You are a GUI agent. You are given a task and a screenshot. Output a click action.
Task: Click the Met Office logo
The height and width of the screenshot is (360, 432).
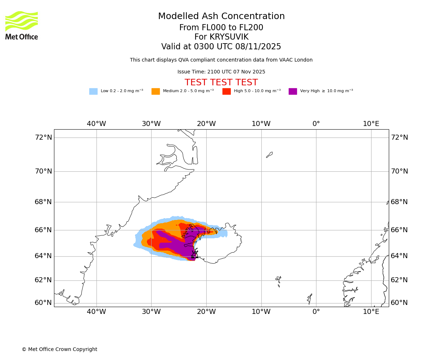[22, 25]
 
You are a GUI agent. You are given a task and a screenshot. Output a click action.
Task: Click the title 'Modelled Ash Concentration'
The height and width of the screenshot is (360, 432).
[221, 17]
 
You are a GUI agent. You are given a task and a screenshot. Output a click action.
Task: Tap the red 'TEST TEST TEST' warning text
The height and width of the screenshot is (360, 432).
[221, 82]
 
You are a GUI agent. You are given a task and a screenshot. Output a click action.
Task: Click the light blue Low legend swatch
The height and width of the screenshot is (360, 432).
[93, 91]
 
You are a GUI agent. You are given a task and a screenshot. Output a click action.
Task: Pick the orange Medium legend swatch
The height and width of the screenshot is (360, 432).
[156, 91]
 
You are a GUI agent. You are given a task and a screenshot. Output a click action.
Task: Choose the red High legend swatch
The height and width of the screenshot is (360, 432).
[226, 91]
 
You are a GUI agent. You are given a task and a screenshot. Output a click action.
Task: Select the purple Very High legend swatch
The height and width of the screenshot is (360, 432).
[293, 91]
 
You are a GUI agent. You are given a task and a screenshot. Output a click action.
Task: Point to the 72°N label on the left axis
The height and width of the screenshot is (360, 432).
[43, 138]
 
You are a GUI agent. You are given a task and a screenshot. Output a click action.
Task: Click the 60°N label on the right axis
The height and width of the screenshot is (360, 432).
[399, 303]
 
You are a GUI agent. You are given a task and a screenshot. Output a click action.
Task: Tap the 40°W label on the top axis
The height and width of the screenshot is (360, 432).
[96, 124]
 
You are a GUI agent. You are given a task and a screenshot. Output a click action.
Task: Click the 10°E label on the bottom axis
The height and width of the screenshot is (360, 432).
[371, 312]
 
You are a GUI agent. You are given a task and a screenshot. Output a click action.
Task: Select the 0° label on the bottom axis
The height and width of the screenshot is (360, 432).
[316, 312]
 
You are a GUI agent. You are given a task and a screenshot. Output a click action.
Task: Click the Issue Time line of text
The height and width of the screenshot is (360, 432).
[221, 72]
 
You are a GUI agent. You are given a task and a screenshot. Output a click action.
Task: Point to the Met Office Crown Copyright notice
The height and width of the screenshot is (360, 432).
[59, 350]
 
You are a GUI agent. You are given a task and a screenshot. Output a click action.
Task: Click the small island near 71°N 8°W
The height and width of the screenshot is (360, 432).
[269, 155]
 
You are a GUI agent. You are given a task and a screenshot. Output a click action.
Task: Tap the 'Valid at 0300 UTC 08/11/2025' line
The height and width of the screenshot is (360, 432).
[221, 47]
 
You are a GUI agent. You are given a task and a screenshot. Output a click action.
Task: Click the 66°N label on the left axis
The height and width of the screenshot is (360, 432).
[43, 230]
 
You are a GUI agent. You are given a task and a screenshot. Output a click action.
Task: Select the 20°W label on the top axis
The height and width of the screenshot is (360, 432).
[206, 124]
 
